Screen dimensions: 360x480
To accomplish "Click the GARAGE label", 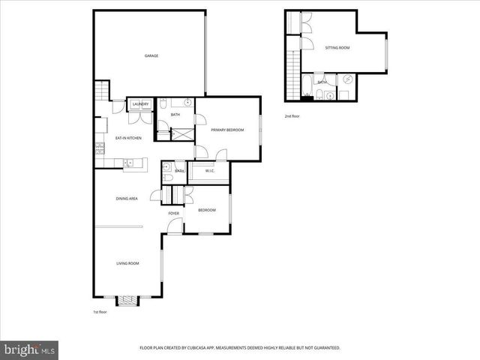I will pyautogui.click(x=151, y=55).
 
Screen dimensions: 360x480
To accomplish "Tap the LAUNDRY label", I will pyautogui.click(x=140, y=103).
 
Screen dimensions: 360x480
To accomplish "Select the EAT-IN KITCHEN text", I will pyautogui.click(x=128, y=138).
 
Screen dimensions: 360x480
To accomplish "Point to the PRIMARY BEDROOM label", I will pyautogui.click(x=227, y=130).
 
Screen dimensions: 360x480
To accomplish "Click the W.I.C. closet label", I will pyautogui.click(x=210, y=171).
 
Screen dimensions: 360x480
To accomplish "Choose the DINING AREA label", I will pyautogui.click(x=127, y=198).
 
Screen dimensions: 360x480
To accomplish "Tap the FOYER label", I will pyautogui.click(x=173, y=214).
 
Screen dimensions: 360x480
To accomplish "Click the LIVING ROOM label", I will pyautogui.click(x=127, y=263).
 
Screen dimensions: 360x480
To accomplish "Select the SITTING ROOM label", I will pyautogui.click(x=337, y=47).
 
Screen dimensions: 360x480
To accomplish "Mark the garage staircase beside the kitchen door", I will pyautogui.click(x=102, y=92).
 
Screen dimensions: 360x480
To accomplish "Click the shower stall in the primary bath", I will pyautogui.click(x=181, y=134).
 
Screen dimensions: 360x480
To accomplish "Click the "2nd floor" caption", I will pyautogui.click(x=292, y=117).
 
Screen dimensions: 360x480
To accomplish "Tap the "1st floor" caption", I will pyautogui.click(x=100, y=311).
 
